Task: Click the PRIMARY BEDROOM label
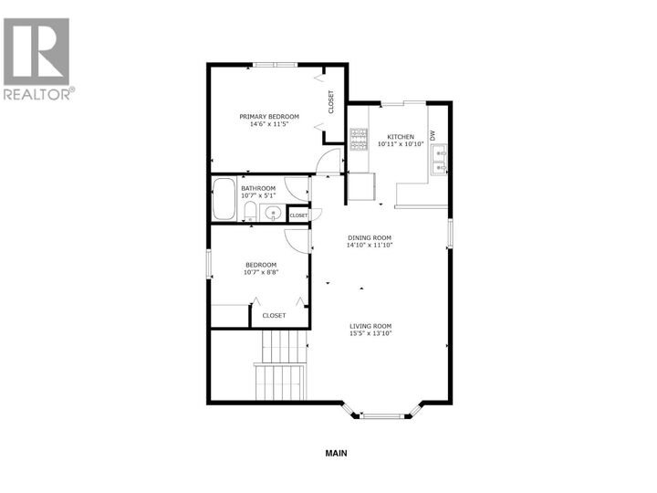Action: click(x=269, y=116)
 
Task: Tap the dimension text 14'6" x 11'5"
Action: click(x=269, y=125)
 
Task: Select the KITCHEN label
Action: click(x=401, y=136)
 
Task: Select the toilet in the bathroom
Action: click(x=249, y=212)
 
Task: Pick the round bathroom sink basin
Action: click(x=272, y=214)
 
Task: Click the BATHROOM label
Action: click(x=258, y=188)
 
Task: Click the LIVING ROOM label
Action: click(x=370, y=326)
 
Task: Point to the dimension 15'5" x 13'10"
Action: click(x=370, y=335)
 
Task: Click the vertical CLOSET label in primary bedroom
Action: click(x=330, y=102)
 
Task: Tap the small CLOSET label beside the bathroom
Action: click(x=298, y=215)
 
